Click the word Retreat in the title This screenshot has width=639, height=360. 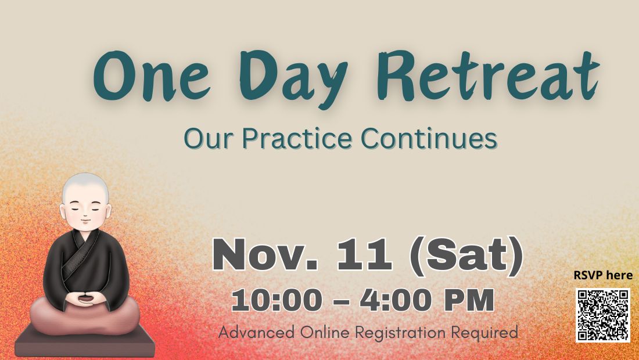[x=488, y=75]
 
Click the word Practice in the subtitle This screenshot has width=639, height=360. [x=297, y=138]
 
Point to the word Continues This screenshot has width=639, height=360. [x=429, y=138]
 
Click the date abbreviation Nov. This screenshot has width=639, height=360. [x=265, y=255]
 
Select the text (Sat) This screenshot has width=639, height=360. [x=466, y=256]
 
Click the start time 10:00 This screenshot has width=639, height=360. [x=277, y=301]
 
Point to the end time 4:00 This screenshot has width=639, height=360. [x=395, y=301]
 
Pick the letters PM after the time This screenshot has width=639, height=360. [x=469, y=301]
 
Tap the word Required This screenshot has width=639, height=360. [x=484, y=332]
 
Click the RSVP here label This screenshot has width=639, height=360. [x=603, y=275]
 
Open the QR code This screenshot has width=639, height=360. [x=603, y=315]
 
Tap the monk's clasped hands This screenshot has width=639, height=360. [x=85, y=299]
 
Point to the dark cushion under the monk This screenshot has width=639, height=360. [x=85, y=342]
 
